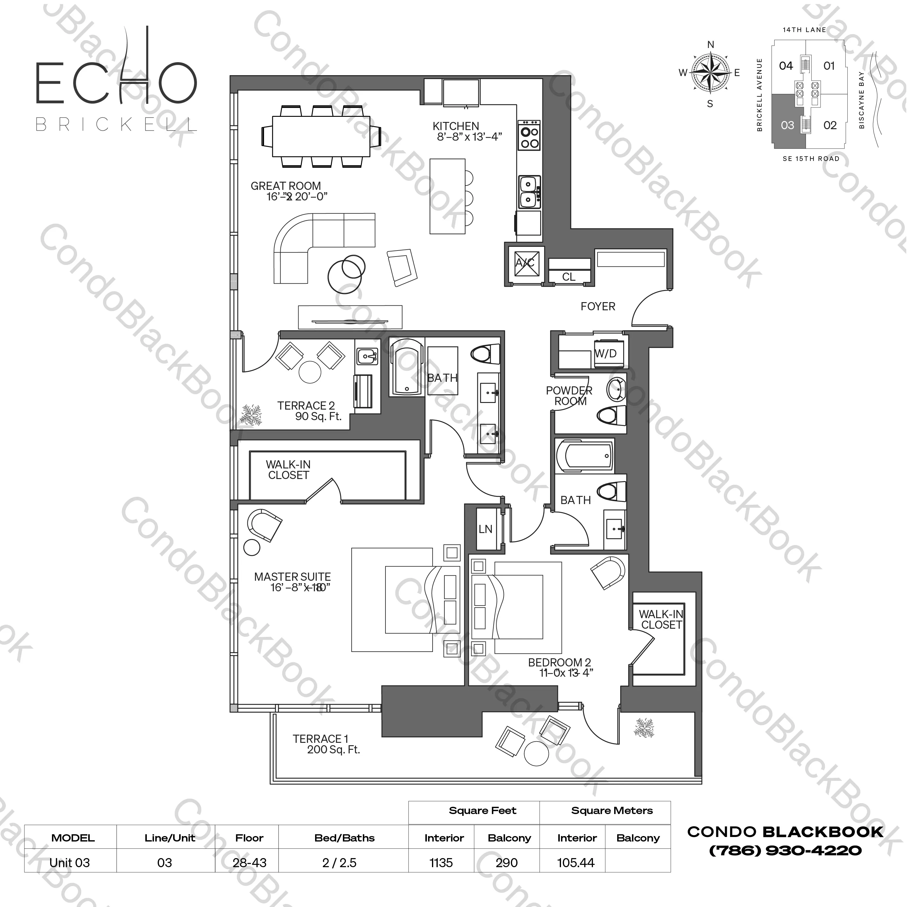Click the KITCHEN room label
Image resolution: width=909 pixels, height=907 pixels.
click(456, 126)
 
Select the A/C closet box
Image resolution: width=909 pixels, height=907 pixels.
click(524, 263)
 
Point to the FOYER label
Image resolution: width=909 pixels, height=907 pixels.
click(598, 307)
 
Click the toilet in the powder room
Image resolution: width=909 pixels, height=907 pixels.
click(612, 416)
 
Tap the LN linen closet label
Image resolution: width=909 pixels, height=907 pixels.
click(485, 529)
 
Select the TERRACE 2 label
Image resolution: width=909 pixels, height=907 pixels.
click(306, 406)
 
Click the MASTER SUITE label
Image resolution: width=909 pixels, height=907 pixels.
click(292, 577)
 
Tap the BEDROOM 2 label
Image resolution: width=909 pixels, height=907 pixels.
click(559, 663)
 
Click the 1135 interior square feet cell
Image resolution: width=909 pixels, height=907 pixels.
click(441, 863)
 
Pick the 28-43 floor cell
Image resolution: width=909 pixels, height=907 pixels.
click(249, 863)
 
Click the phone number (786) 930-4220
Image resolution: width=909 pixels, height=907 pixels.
click(785, 851)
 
